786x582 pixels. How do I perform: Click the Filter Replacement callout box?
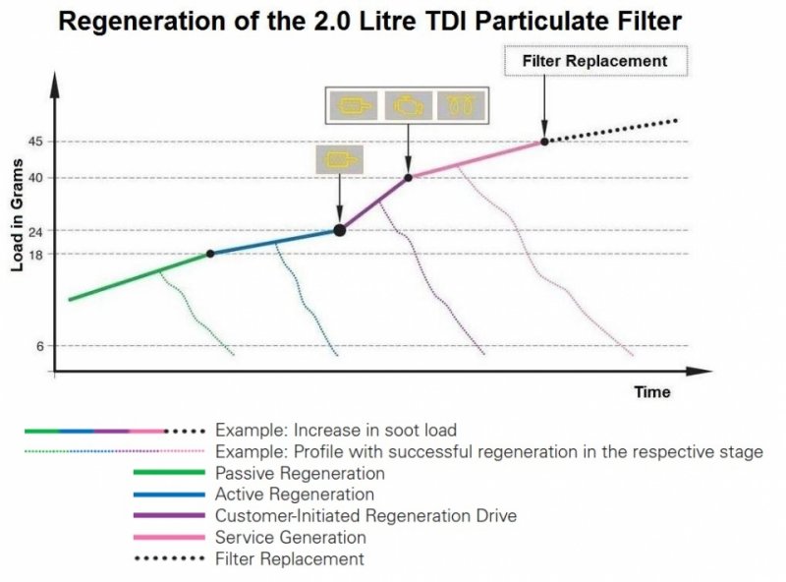click(595, 61)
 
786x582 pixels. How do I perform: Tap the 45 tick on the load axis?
click(35, 142)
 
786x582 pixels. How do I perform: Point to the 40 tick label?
click(35, 178)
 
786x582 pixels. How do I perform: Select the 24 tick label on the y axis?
click(35, 231)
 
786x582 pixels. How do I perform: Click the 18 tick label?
click(35, 254)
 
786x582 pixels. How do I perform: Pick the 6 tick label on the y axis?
click(39, 346)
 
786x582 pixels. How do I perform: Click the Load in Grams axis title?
click(17, 215)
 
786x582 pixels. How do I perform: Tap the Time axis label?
click(652, 392)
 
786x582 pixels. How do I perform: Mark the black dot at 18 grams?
click(210, 254)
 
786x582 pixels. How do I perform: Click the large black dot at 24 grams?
click(340, 230)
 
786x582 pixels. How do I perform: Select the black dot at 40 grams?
click(408, 178)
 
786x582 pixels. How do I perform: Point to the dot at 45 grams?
click(544, 142)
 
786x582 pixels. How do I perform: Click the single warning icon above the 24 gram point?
click(339, 160)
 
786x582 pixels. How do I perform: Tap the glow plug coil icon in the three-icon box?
click(461, 106)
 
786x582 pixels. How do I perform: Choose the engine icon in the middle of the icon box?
click(408, 106)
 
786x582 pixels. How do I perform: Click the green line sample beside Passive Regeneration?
click(169, 472)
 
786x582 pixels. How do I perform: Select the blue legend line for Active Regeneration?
click(169, 495)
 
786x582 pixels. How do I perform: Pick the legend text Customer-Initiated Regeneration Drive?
click(365, 516)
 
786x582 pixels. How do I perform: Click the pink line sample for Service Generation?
click(169, 538)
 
